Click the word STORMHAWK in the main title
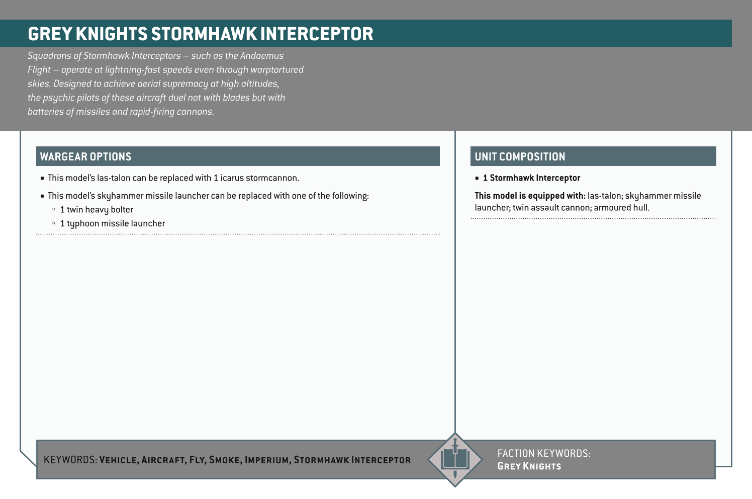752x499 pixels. coord(204,34)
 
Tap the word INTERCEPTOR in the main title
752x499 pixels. coord(317,34)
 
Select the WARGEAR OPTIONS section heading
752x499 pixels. coord(85,156)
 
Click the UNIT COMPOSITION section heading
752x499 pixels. coord(520,156)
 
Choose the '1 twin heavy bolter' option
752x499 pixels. coord(97,210)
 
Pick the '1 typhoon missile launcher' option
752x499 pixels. coord(112,223)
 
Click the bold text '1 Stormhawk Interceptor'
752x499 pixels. coord(531,178)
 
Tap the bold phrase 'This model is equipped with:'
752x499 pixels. coord(530,196)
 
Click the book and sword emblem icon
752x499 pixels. coord(455,459)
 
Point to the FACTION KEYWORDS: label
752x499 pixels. coord(544,453)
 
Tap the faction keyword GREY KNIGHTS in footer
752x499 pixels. coord(529,466)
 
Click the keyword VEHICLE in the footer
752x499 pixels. coord(119,460)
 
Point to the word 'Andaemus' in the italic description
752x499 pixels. coord(261,56)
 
